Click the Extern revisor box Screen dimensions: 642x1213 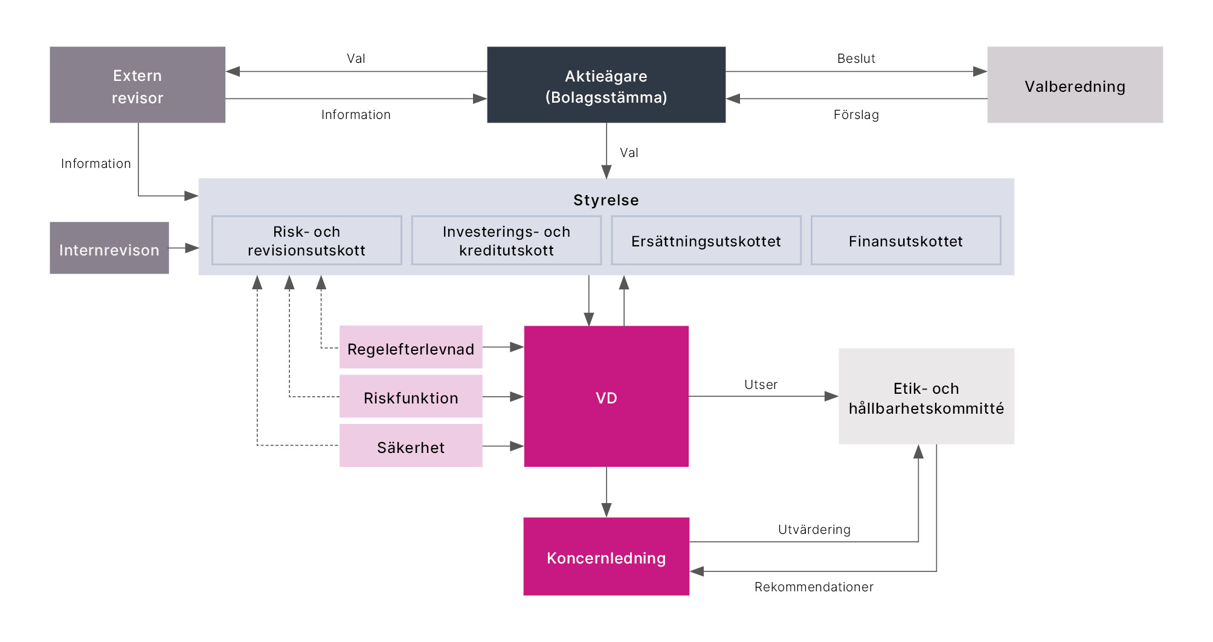137,85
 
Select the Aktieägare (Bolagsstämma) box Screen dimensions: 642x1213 606,85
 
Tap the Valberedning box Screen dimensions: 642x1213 1075,85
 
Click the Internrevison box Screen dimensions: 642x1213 109,248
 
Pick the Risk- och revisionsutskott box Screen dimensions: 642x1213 306,240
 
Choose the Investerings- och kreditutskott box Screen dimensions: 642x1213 506,240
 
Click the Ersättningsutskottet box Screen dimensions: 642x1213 706,240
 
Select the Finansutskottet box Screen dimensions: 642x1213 906,240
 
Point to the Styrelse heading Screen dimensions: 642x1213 606,200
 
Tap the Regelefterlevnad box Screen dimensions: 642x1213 411,348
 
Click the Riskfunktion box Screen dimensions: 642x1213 411,397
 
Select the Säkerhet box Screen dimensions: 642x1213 411,446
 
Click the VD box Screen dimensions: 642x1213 606,397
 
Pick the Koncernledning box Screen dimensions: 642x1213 606,557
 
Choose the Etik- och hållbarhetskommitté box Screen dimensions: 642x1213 926,397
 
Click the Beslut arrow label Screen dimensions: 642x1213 856,59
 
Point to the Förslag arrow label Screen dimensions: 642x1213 856,115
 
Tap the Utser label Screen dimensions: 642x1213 761,385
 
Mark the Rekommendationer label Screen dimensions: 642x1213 814,587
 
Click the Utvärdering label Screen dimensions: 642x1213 814,530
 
